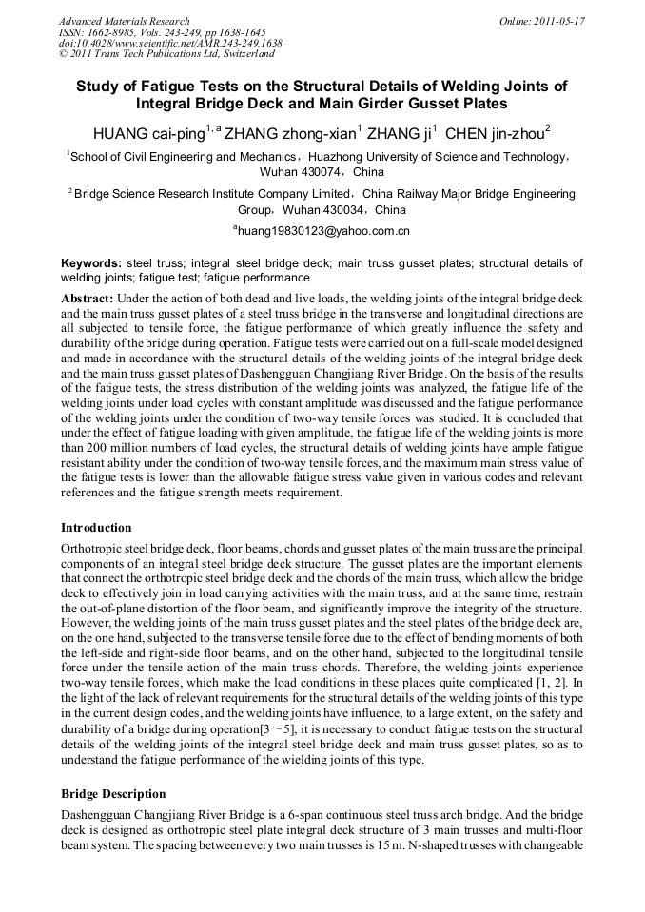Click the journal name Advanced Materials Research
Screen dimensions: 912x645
124,21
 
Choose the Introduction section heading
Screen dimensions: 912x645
96,528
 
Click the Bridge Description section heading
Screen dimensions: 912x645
112,794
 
